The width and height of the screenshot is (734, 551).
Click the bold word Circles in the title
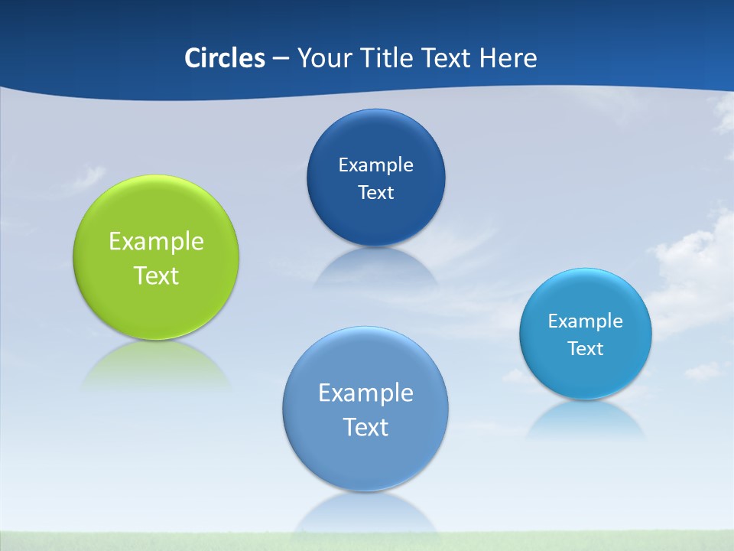click(x=225, y=58)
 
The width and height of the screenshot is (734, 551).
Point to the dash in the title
click(x=281, y=59)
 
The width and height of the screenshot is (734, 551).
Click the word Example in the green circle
click(x=156, y=241)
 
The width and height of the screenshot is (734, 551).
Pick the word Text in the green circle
click(x=156, y=275)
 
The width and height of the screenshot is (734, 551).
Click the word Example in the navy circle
click(x=375, y=165)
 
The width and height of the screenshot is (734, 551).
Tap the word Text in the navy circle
click(x=375, y=192)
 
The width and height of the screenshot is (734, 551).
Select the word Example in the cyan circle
click(x=586, y=321)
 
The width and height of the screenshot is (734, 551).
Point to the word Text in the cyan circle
click(x=586, y=348)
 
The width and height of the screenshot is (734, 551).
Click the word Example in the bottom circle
click(x=365, y=393)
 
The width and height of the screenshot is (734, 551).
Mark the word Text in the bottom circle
click(x=365, y=427)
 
